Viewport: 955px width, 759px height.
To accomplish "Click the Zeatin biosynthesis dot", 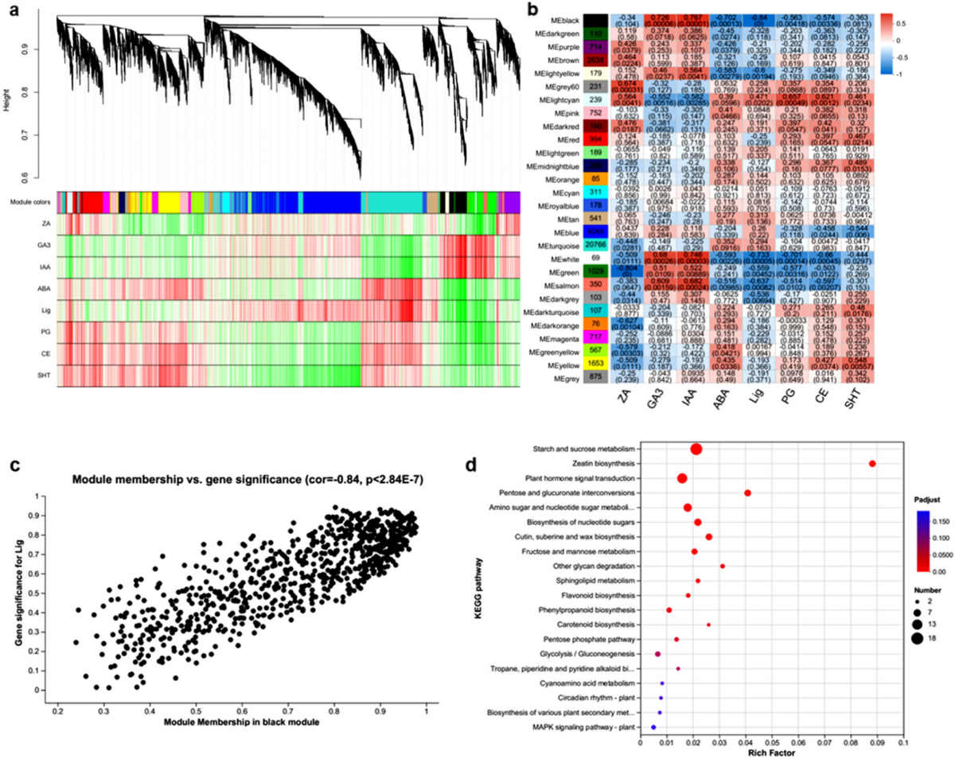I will coord(872,463).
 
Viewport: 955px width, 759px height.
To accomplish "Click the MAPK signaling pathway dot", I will coord(653,727).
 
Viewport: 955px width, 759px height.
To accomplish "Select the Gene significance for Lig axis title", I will coord(20,594).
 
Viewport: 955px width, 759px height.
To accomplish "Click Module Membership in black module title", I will coord(241,721).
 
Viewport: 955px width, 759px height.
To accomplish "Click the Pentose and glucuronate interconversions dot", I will coord(747,492).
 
